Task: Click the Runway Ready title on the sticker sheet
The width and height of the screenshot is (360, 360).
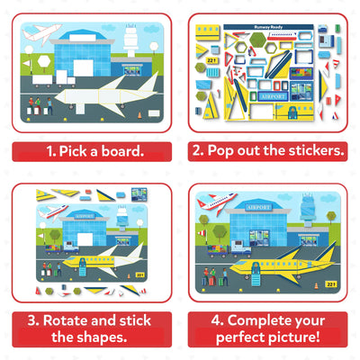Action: [270, 28]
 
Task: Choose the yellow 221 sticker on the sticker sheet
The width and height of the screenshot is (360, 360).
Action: [211, 59]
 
